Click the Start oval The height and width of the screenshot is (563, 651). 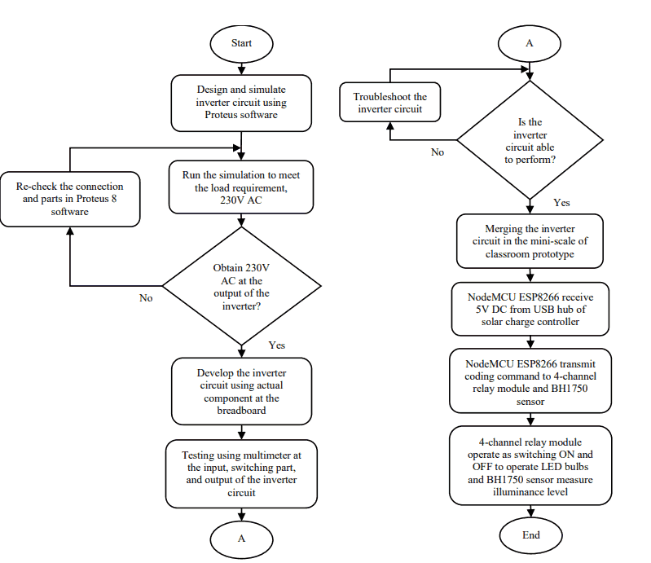[x=241, y=44]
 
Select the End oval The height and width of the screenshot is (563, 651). [x=530, y=535]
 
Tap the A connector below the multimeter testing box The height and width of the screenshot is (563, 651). [x=241, y=539]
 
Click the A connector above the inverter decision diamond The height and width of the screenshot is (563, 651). [x=530, y=43]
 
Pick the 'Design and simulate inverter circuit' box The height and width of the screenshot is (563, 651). [x=241, y=103]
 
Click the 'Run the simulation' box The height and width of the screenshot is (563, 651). [x=241, y=187]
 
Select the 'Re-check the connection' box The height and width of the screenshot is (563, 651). [x=70, y=200]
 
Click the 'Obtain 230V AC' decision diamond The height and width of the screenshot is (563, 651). [x=241, y=286]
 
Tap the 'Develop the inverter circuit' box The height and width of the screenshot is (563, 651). [x=241, y=391]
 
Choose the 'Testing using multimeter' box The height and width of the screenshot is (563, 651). [x=241, y=473]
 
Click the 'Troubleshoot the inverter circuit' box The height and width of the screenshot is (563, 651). [x=389, y=102]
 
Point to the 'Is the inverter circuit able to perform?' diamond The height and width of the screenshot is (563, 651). [x=530, y=140]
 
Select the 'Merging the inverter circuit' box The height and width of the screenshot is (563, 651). [x=530, y=241]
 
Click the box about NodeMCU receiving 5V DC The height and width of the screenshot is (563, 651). [x=530, y=310]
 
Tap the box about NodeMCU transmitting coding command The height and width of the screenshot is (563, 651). [x=530, y=380]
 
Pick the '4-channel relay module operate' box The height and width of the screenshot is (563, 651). [x=530, y=465]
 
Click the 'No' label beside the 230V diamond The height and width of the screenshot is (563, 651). [x=146, y=298]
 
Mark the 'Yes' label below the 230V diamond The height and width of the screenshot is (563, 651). [x=276, y=345]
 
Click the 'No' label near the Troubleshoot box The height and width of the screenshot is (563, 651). [x=438, y=152]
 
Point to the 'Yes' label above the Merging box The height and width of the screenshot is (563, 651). [x=561, y=203]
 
